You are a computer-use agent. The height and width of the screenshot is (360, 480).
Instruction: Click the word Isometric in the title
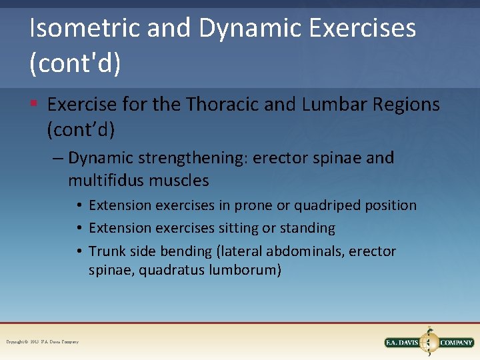79,28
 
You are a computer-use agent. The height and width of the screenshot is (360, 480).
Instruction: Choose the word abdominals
297,251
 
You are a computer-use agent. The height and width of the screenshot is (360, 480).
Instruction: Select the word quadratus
167,270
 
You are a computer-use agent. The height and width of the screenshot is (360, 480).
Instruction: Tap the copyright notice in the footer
42,342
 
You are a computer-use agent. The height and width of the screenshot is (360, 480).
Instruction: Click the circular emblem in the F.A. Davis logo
429,342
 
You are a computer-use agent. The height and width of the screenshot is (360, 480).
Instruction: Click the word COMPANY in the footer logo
456,343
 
